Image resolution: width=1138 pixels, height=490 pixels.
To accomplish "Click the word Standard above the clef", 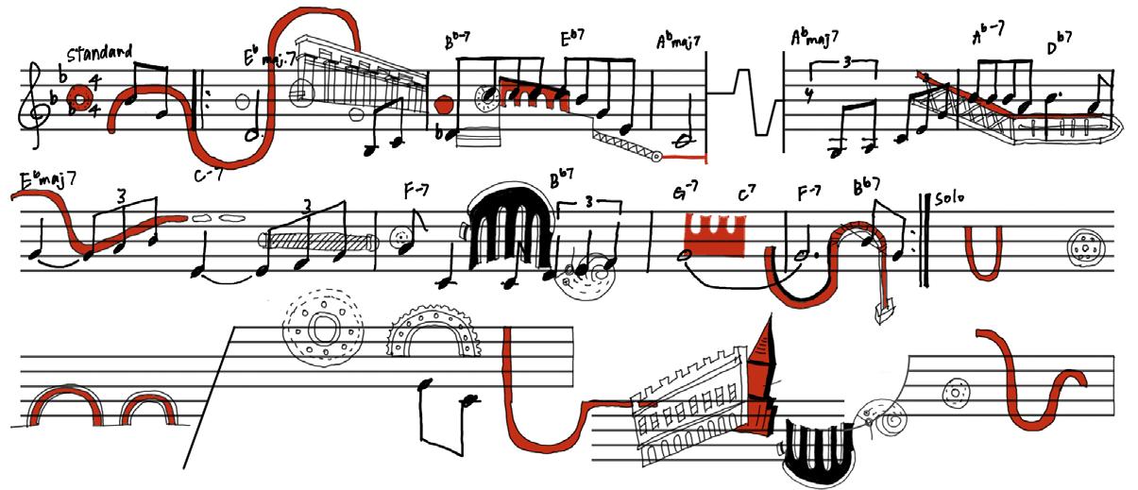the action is [x=99, y=51].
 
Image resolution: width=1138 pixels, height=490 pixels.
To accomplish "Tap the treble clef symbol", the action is [x=37, y=103].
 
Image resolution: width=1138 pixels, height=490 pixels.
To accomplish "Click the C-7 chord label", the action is [x=205, y=174].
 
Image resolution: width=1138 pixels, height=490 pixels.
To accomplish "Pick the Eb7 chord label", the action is [x=575, y=40].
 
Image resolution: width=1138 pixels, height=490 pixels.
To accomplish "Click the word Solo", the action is [x=949, y=201].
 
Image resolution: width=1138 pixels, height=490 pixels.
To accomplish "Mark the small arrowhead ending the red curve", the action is [x=883, y=311].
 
